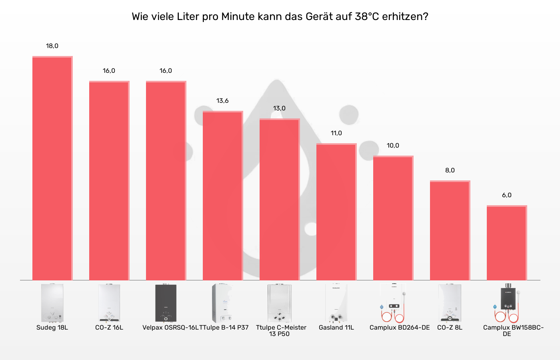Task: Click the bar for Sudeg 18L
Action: coord(52,168)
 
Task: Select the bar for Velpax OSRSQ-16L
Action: coord(166,180)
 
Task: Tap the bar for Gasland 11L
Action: coord(336,212)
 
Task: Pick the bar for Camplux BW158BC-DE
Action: coord(506,243)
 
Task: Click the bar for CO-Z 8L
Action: coord(450,230)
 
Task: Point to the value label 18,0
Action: coord(52,46)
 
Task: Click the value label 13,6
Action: coord(222,101)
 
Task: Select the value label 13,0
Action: coord(279,108)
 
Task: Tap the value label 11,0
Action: coord(336,133)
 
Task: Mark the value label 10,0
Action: coord(393,146)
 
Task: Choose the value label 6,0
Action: coord(506,195)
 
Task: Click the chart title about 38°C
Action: coord(280,17)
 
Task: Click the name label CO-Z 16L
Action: coord(109,328)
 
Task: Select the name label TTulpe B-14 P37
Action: coord(224,328)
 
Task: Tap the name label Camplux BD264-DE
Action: coord(399,328)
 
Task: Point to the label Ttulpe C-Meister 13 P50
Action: coord(281,331)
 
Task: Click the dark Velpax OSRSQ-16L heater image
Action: coord(166,303)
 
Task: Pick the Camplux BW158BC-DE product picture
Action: coord(506,303)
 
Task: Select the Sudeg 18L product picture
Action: coord(52,303)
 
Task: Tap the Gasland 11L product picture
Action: coord(336,303)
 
